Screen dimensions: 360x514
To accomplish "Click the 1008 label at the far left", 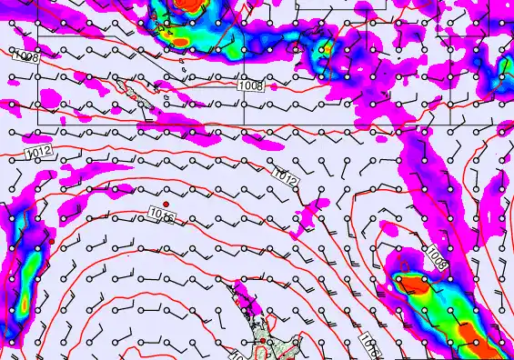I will click(x=26, y=56).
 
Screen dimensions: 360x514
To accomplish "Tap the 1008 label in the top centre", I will click(x=251, y=85).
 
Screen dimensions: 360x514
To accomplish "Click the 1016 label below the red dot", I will click(x=161, y=215).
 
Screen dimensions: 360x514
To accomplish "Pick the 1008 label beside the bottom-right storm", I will click(x=438, y=257).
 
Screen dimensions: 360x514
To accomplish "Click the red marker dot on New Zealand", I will click(x=262, y=342).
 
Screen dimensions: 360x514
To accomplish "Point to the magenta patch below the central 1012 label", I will click(x=311, y=216).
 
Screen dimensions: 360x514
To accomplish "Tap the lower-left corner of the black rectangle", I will click(x=37, y=124).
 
